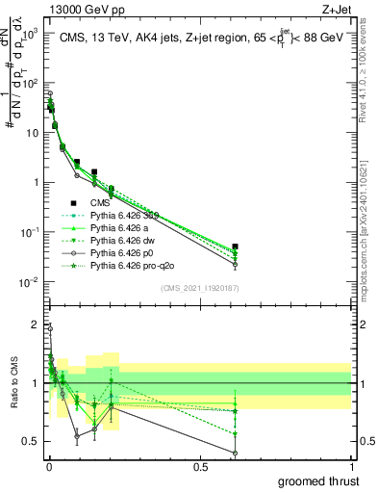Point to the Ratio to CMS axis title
[12, 381]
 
